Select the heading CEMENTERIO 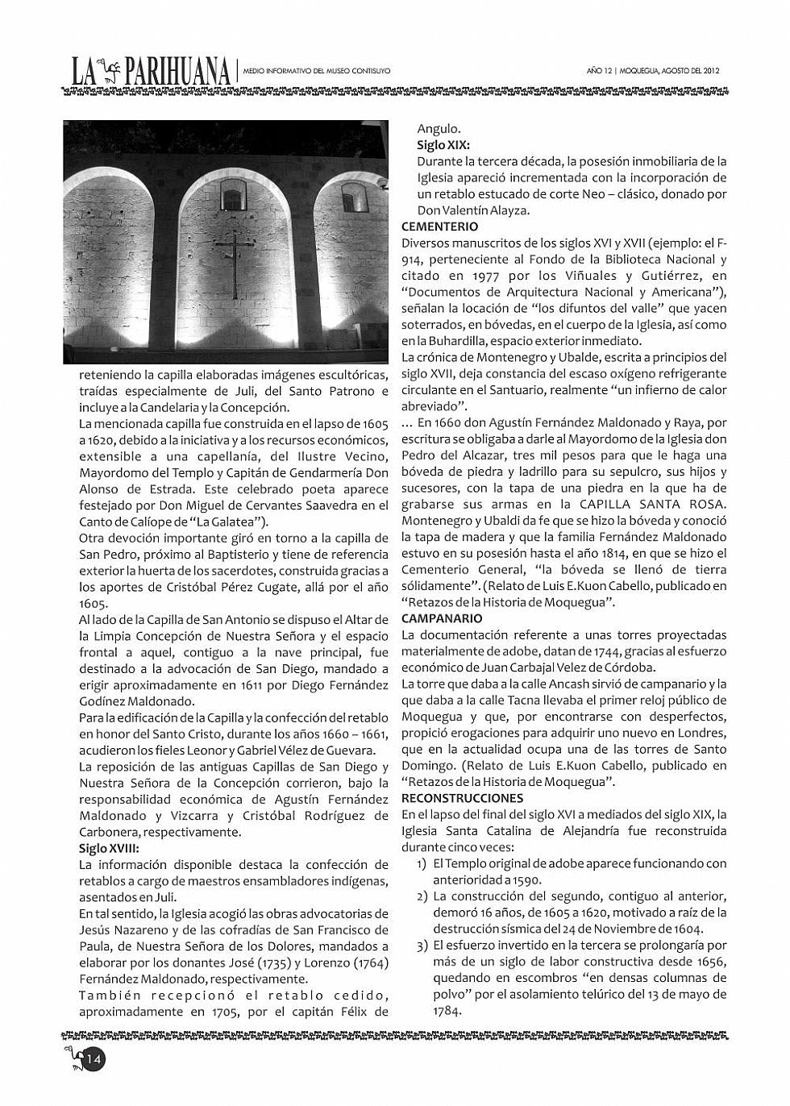coord(439,227)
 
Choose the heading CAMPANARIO coord(441,618)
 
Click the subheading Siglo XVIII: coord(109,848)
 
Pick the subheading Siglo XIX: coord(443,145)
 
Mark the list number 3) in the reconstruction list coord(422,946)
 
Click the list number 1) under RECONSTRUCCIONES coord(422,864)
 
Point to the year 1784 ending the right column coord(447,1011)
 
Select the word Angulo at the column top coord(439,128)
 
